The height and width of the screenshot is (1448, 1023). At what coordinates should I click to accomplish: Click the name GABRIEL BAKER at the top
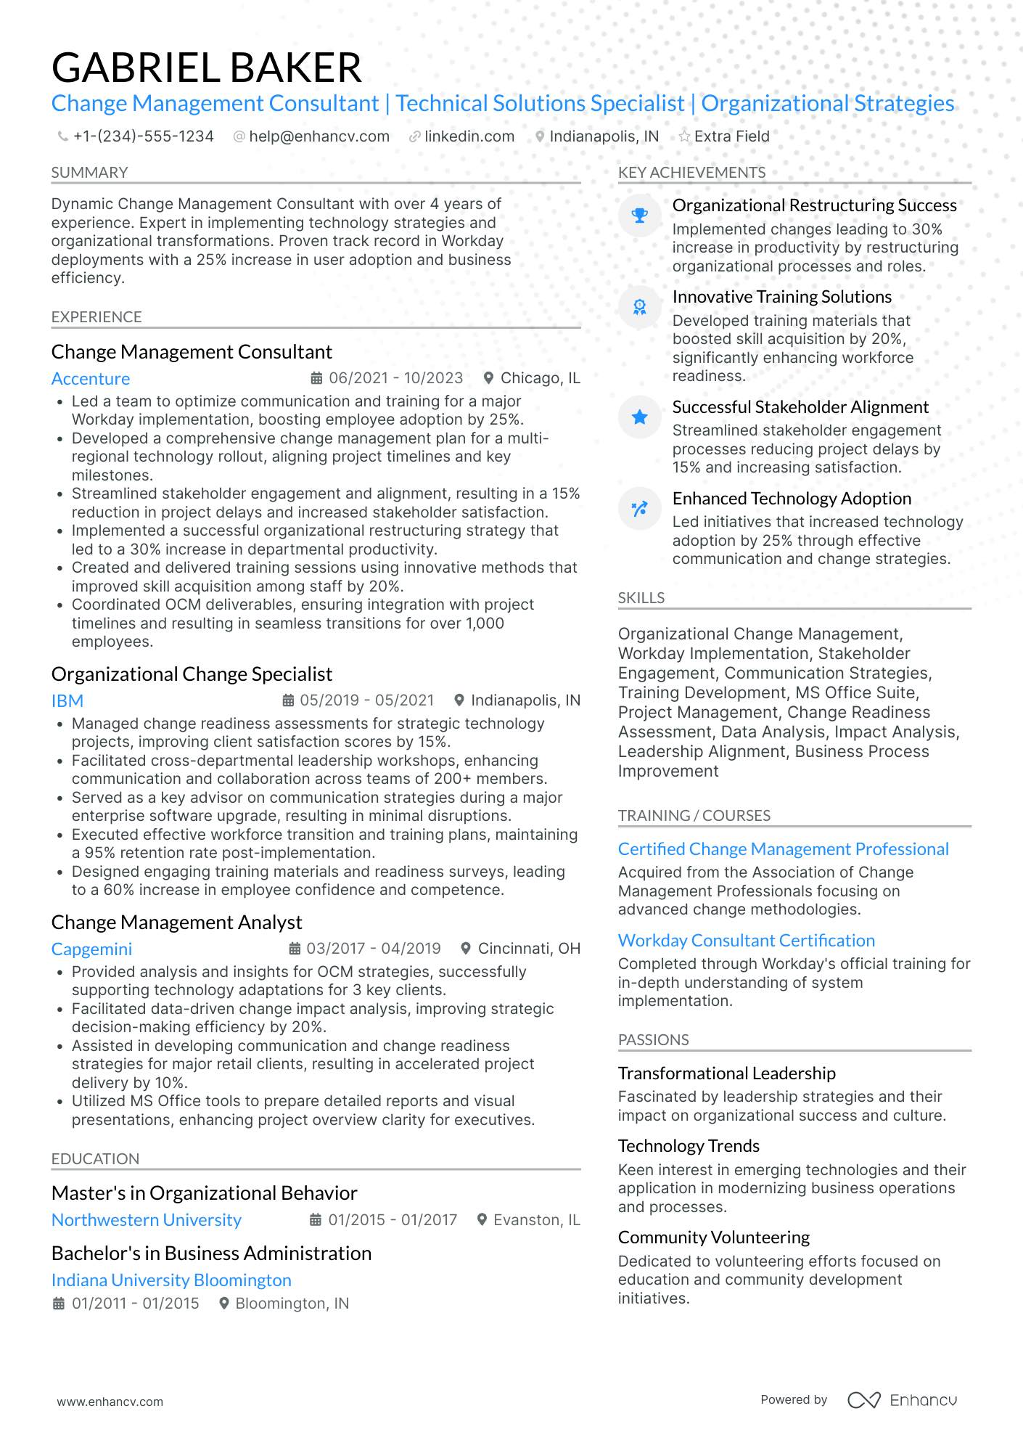point(207,68)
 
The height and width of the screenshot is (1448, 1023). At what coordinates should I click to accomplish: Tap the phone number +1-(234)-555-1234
point(143,136)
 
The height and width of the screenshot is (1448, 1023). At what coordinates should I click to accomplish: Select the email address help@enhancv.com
point(319,136)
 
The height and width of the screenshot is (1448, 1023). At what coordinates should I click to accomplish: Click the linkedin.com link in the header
point(469,136)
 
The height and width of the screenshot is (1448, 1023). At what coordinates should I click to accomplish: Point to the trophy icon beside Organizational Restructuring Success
point(640,216)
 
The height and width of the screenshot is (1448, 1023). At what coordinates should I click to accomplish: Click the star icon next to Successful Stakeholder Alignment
point(640,417)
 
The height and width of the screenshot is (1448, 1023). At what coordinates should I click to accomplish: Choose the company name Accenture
point(91,379)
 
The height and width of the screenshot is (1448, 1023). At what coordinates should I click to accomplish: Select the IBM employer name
point(67,701)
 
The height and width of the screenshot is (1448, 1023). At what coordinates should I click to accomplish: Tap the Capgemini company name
point(91,949)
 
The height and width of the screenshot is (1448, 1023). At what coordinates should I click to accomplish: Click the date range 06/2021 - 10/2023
point(395,378)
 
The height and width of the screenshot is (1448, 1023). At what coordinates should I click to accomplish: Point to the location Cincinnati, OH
point(529,949)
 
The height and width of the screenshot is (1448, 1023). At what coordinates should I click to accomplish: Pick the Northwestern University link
point(147,1220)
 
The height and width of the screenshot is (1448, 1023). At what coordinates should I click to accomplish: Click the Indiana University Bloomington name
point(171,1280)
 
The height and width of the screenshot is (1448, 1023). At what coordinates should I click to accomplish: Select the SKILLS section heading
point(641,598)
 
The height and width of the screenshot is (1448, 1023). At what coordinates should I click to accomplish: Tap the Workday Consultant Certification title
point(747,941)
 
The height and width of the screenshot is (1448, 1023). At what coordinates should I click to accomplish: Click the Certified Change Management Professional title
point(784,849)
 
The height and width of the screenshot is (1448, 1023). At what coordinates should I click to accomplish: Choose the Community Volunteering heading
point(714,1238)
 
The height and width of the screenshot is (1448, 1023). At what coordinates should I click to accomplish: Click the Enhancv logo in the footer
point(903,1400)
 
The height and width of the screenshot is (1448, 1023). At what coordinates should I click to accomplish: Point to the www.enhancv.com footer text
point(110,1402)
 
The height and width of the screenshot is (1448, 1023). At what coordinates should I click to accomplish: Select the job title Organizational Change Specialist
point(192,674)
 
